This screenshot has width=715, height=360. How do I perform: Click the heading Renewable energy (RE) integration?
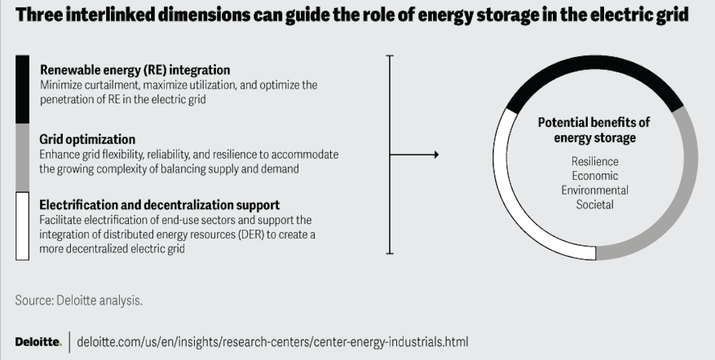pyautogui.click(x=135, y=70)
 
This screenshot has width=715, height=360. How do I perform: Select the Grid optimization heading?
pyautogui.click(x=87, y=140)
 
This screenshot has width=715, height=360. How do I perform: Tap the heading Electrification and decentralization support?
pyautogui.click(x=159, y=205)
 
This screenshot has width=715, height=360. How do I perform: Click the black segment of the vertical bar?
pyautogui.click(x=22, y=88)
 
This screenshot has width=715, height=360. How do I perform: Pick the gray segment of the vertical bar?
pyautogui.click(x=22, y=157)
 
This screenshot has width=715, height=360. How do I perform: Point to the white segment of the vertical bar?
pyautogui.click(x=22, y=226)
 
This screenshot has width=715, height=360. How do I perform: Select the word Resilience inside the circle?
pyautogui.click(x=594, y=161)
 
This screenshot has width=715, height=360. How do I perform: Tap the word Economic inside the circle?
pyautogui.click(x=594, y=176)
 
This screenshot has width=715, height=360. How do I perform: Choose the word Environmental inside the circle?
pyautogui.click(x=594, y=190)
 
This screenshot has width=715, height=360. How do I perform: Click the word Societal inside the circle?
pyautogui.click(x=594, y=204)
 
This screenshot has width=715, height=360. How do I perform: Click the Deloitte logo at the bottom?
pyautogui.click(x=38, y=340)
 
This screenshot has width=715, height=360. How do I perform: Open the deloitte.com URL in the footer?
pyautogui.click(x=272, y=340)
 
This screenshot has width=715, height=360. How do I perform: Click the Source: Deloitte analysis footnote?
pyautogui.click(x=79, y=300)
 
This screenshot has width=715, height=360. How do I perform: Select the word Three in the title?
pyautogui.click(x=42, y=16)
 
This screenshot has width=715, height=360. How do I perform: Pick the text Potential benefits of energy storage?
pyautogui.click(x=594, y=129)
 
